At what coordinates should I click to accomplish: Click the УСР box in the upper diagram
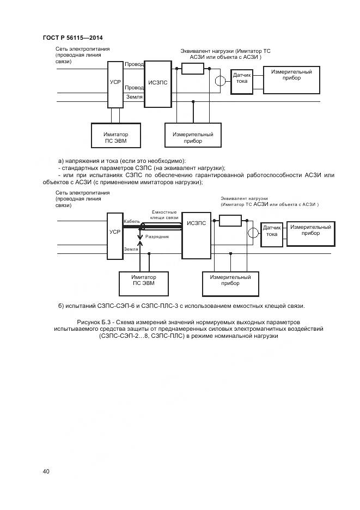click(x=115, y=83)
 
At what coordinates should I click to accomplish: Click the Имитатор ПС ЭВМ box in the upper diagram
click(x=116, y=136)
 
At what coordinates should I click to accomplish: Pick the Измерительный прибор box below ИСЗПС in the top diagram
click(x=193, y=136)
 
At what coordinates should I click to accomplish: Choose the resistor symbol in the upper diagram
click(x=193, y=68)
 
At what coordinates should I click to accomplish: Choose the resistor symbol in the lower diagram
click(x=230, y=220)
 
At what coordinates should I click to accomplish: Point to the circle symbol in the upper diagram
click(x=220, y=82)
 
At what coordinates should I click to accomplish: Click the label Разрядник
click(x=157, y=238)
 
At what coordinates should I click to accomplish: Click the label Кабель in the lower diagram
click(x=132, y=222)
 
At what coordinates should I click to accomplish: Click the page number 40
click(x=46, y=471)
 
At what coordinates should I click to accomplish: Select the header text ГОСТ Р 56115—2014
click(x=72, y=38)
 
